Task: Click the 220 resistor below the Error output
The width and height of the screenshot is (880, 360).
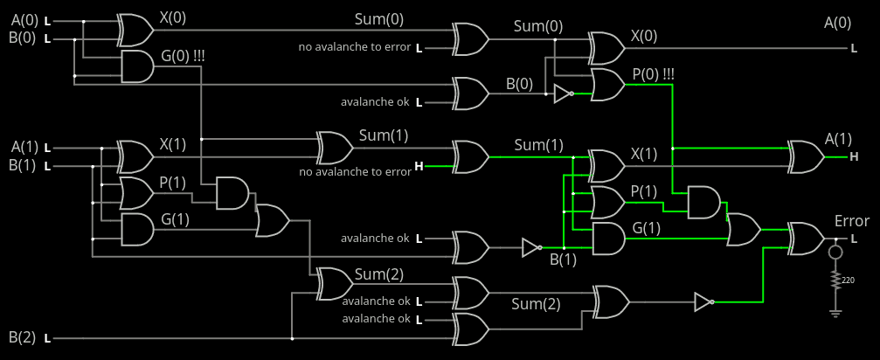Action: click(836, 280)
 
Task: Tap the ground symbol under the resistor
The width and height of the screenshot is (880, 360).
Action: click(836, 311)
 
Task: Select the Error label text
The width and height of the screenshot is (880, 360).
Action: click(851, 221)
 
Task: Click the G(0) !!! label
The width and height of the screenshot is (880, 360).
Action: click(183, 59)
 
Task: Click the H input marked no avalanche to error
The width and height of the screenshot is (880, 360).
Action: click(419, 166)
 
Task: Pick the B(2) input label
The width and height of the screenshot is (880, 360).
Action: click(24, 337)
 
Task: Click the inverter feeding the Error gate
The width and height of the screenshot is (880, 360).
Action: click(703, 302)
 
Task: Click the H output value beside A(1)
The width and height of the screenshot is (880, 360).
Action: click(854, 157)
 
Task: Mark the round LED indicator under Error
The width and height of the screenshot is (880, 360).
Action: click(836, 253)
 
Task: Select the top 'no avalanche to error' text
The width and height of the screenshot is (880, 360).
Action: click(354, 46)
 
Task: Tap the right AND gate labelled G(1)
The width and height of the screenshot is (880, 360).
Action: click(608, 238)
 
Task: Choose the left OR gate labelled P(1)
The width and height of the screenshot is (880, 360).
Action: click(135, 192)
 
